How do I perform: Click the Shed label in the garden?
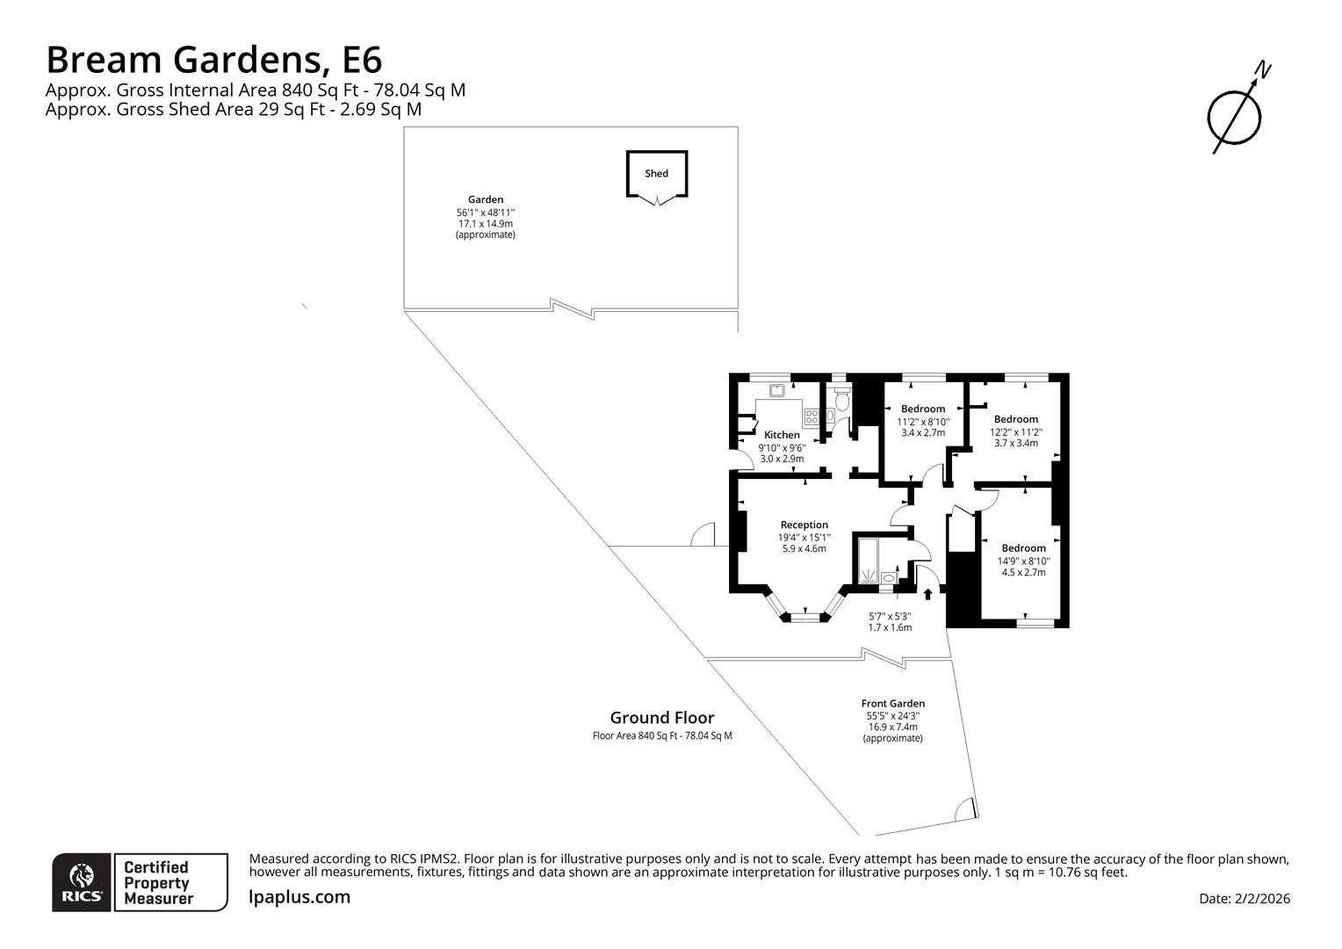(x=656, y=173)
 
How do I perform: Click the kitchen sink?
(x=777, y=391)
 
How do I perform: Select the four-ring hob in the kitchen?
(x=812, y=417)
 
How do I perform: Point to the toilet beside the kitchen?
(x=842, y=402)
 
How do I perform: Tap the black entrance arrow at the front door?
(x=927, y=594)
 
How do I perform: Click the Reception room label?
(x=804, y=525)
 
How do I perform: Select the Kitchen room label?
(x=782, y=435)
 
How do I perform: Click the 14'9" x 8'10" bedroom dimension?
(x=1023, y=561)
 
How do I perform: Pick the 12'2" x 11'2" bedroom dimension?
(x=1016, y=431)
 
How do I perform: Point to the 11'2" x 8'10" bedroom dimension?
(x=922, y=422)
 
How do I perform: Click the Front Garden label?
(x=892, y=703)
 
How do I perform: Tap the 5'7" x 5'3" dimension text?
(x=890, y=616)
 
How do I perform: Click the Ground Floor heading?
(x=662, y=718)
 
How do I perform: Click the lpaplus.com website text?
(x=299, y=897)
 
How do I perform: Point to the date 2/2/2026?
(x=1263, y=898)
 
